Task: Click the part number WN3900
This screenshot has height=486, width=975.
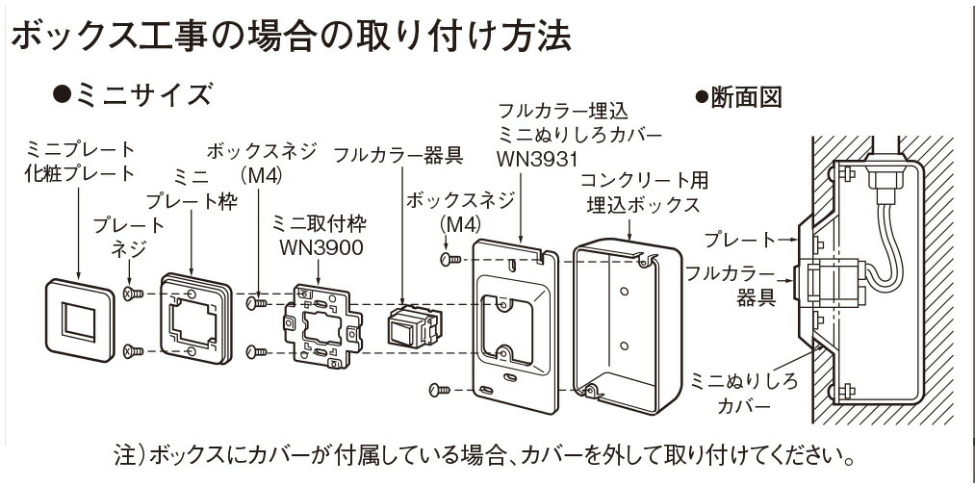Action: coord(316,248)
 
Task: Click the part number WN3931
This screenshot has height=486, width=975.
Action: coord(537,156)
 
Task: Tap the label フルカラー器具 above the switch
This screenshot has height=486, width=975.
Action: coord(398,155)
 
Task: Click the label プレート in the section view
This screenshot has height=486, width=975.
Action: coord(738,239)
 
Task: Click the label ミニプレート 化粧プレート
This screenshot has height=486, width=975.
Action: coord(80,162)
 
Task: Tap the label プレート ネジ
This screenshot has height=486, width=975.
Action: coord(129,237)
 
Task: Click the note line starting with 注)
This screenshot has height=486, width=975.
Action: coord(486,453)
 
